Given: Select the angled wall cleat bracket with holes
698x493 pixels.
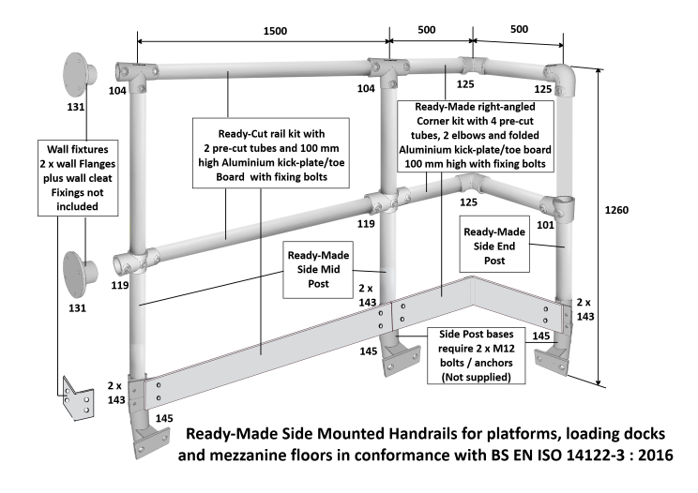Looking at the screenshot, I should [x=79, y=399].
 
